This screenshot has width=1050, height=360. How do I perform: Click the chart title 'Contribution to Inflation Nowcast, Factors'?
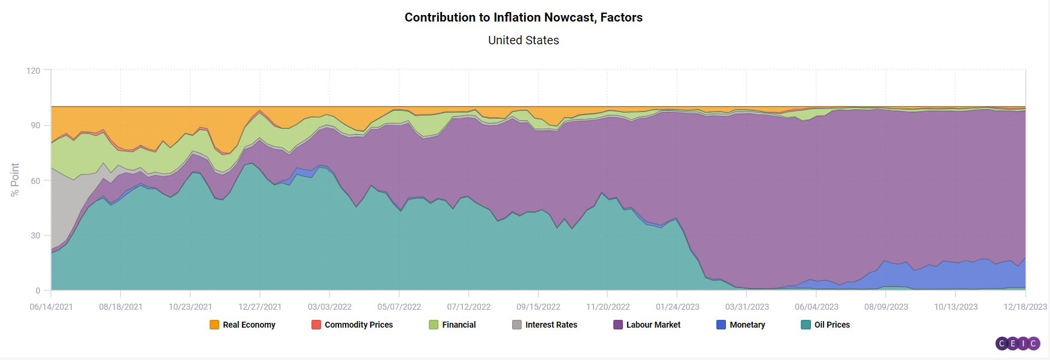pos(524,17)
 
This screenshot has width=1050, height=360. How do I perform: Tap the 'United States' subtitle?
pos(524,40)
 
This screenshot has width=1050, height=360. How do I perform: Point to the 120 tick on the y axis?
pos(34,71)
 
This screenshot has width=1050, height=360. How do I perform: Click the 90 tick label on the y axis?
pos(35,125)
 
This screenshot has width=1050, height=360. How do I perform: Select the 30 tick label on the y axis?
pos(35,235)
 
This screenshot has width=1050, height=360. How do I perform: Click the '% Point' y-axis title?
pos(15,180)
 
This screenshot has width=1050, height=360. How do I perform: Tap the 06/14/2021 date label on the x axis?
pos(52,307)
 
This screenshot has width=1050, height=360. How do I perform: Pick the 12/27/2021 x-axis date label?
pos(260,307)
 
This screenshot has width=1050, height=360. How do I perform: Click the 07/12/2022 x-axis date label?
pos(468,307)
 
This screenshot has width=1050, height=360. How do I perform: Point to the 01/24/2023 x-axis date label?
pos(677,307)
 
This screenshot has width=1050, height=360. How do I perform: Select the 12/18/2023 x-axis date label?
pos(1025,307)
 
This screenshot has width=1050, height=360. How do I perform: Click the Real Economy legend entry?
pos(243,325)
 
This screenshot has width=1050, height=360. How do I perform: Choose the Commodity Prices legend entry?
pos(352,325)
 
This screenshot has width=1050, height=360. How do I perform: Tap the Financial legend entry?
pos(452,325)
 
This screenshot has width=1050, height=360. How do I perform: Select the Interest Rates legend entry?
pos(544,325)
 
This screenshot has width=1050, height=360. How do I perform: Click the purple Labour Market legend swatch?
pos(618,325)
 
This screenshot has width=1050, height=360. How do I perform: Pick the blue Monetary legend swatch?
pos(721,325)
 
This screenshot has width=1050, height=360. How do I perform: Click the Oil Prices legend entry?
pos(825,325)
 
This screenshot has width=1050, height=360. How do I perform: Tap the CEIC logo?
pos(1018,343)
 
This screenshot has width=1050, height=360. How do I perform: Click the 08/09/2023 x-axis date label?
pos(886,307)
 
